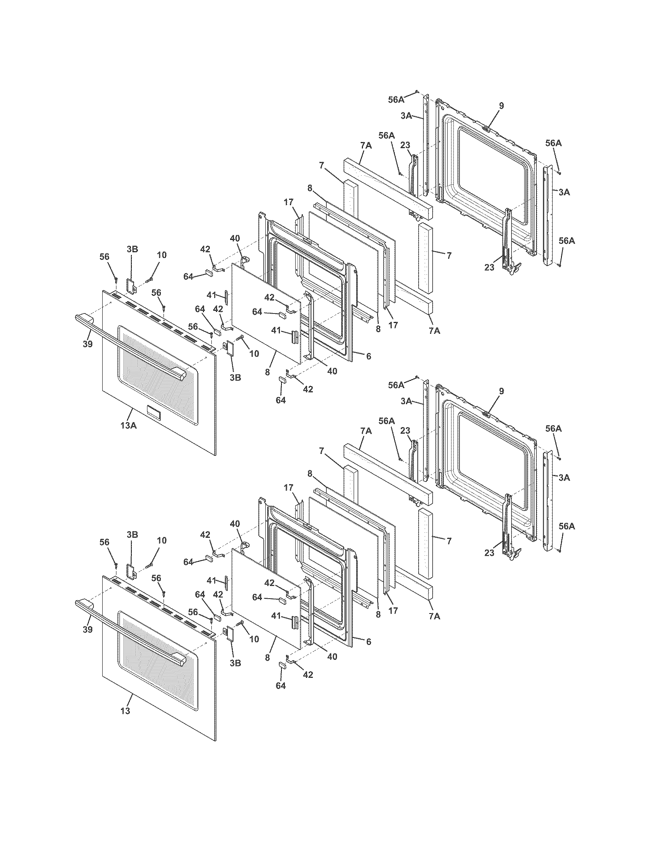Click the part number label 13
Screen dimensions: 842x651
(x=125, y=711)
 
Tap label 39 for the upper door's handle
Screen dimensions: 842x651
(x=88, y=344)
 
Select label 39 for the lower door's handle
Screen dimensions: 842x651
(x=88, y=629)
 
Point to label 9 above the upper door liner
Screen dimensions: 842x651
(x=501, y=105)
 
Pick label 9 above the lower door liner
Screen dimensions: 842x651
(x=501, y=391)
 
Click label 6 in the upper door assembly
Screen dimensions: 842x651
(x=368, y=356)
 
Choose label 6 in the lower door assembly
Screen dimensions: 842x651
(x=368, y=641)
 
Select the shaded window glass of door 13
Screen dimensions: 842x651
(x=158, y=655)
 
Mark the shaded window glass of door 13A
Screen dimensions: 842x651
(x=158, y=370)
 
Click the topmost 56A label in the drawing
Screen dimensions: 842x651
(x=396, y=100)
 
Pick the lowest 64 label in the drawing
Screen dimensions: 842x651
(x=281, y=685)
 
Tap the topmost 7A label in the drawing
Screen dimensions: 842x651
(x=366, y=145)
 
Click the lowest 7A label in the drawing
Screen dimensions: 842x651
(x=434, y=616)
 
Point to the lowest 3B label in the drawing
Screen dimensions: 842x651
(x=235, y=663)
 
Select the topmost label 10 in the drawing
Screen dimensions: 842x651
(x=162, y=255)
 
